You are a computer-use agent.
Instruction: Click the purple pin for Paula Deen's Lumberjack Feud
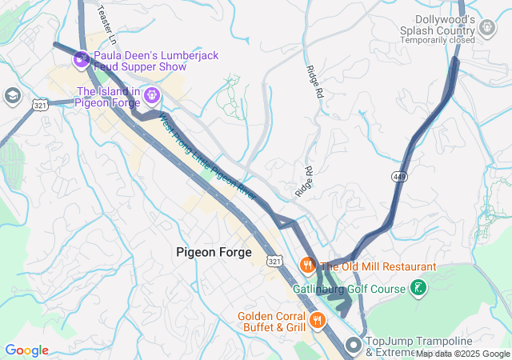pos(82,58)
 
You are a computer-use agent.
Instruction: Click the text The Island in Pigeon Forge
pos(108,97)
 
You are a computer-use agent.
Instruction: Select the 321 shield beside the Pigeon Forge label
pos(274,262)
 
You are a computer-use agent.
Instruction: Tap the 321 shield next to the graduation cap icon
pos(41,105)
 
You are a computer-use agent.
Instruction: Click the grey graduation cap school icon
pos(11,97)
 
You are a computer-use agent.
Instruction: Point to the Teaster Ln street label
pos(105,25)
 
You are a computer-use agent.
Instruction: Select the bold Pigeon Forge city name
pos(214,252)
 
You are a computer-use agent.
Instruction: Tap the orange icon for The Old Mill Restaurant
pos(306,265)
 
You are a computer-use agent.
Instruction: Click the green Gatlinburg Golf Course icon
pos(418,287)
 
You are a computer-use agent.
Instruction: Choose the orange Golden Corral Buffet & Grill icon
pos(318,321)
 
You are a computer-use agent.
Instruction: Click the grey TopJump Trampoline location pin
pos(353,345)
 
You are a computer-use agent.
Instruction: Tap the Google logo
pos(26,350)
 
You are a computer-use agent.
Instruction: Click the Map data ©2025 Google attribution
pos(462,354)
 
